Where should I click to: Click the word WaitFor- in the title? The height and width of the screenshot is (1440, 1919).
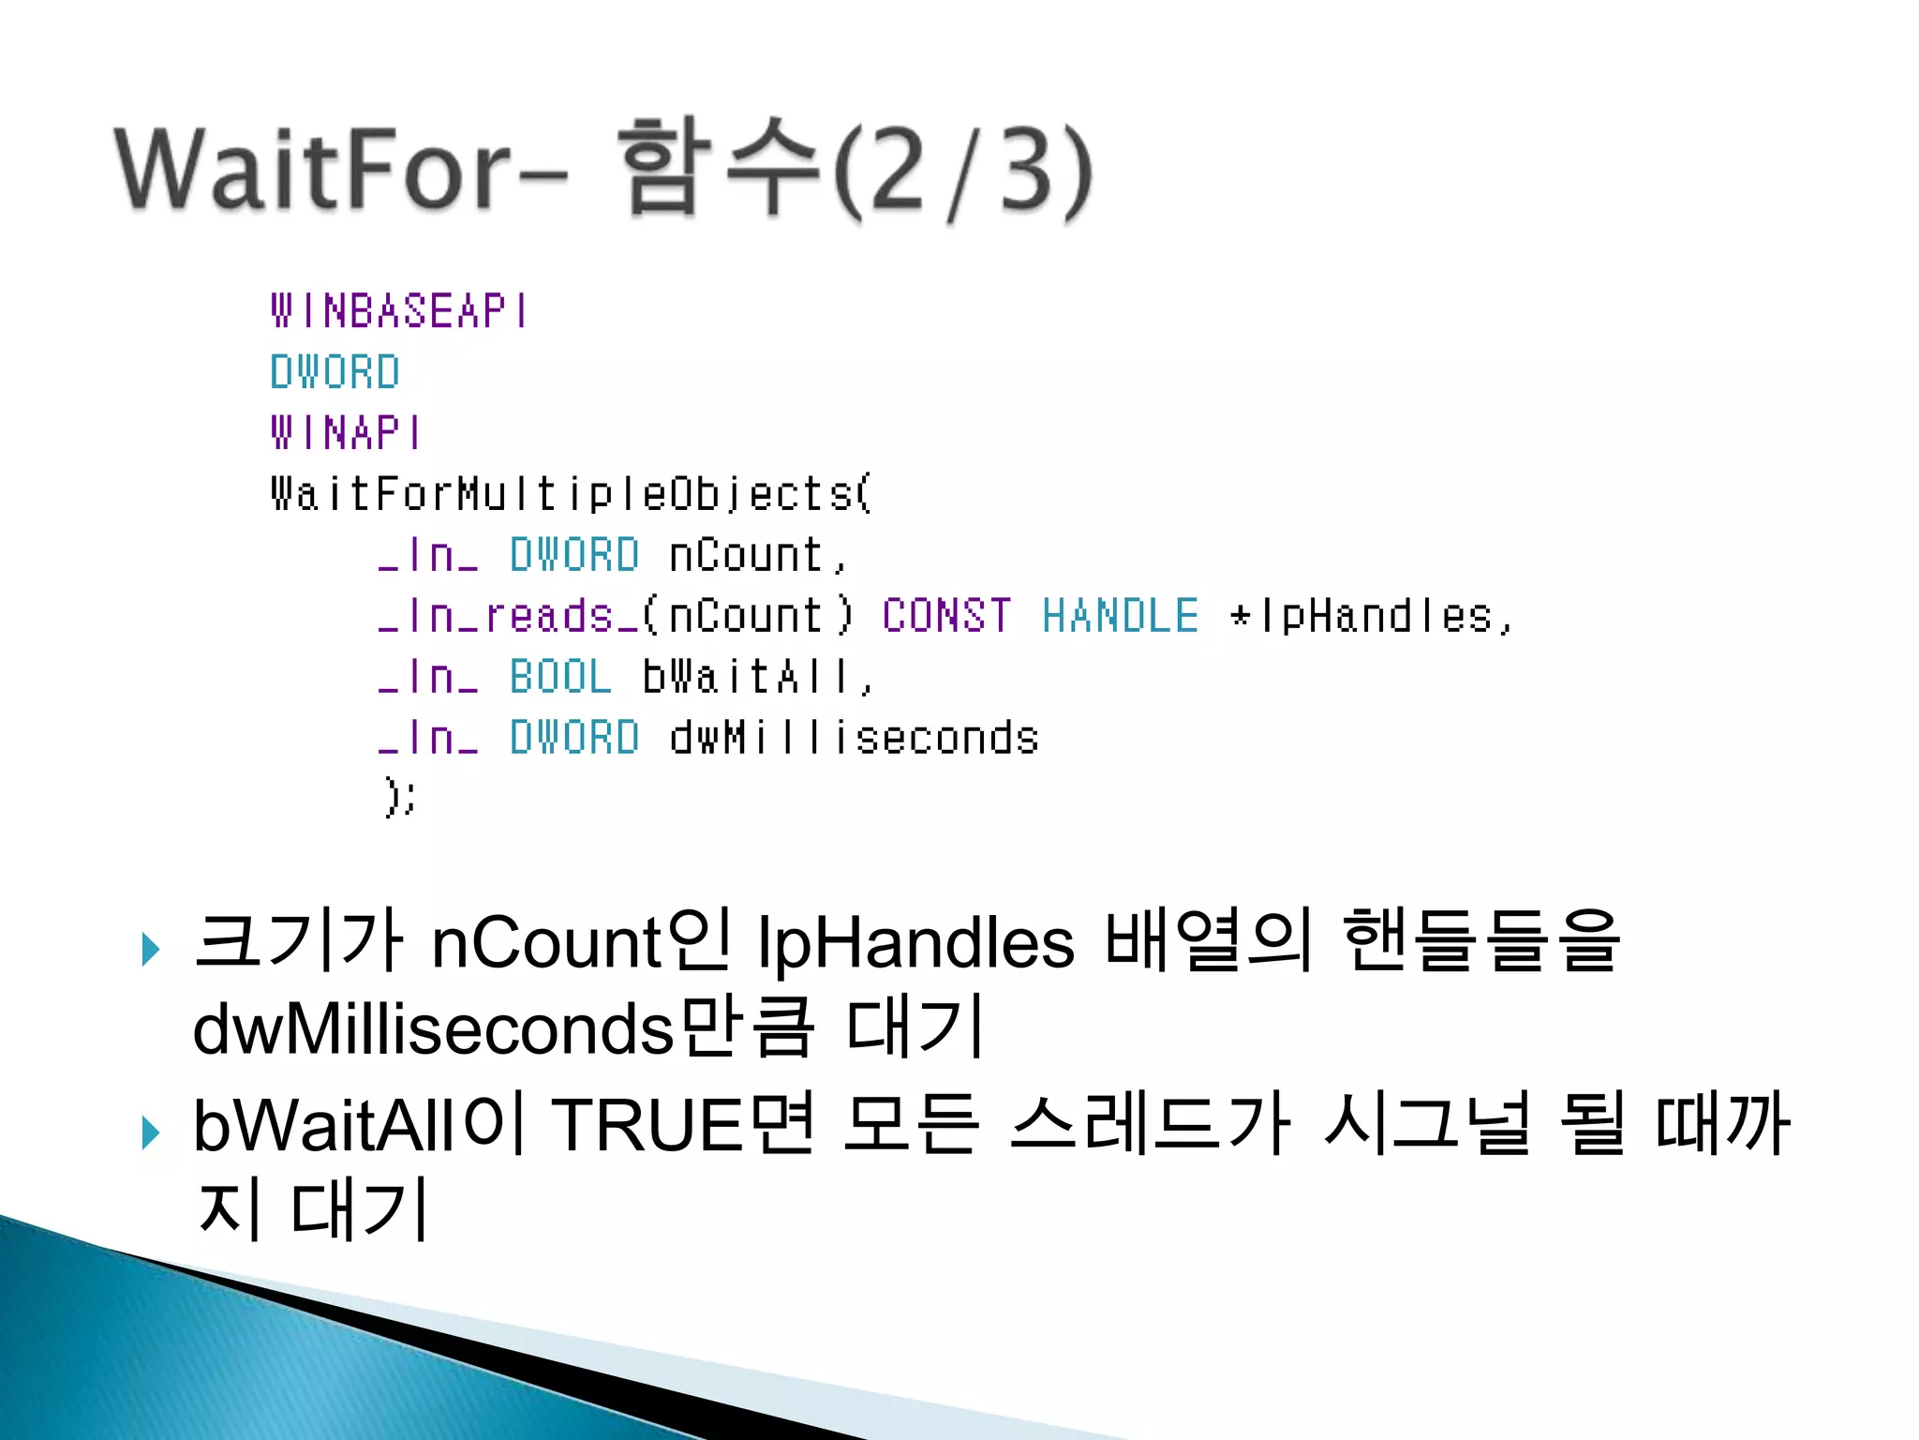tap(342, 169)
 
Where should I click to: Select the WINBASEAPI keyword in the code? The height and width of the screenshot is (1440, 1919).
tap(399, 311)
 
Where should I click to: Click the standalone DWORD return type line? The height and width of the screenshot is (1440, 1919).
tap(335, 372)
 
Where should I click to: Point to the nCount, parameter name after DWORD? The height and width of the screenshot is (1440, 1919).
tap(757, 555)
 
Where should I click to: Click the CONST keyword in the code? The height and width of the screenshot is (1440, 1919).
tap(946, 616)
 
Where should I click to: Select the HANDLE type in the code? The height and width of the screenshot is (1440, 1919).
tap(1120, 616)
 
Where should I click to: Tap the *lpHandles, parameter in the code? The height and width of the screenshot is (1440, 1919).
tap(1370, 616)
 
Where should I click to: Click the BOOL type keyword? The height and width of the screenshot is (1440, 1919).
tap(559, 677)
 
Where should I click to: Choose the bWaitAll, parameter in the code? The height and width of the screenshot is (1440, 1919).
tap(757, 677)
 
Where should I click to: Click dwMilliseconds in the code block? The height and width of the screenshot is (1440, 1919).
tap(854, 738)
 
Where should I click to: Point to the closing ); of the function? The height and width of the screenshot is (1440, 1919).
tap(400, 798)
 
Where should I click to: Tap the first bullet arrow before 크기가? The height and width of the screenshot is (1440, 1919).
tap(150, 950)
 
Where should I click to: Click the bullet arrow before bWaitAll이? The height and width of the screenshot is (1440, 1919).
tap(150, 1132)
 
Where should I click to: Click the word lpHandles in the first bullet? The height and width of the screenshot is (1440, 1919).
tap(915, 941)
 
